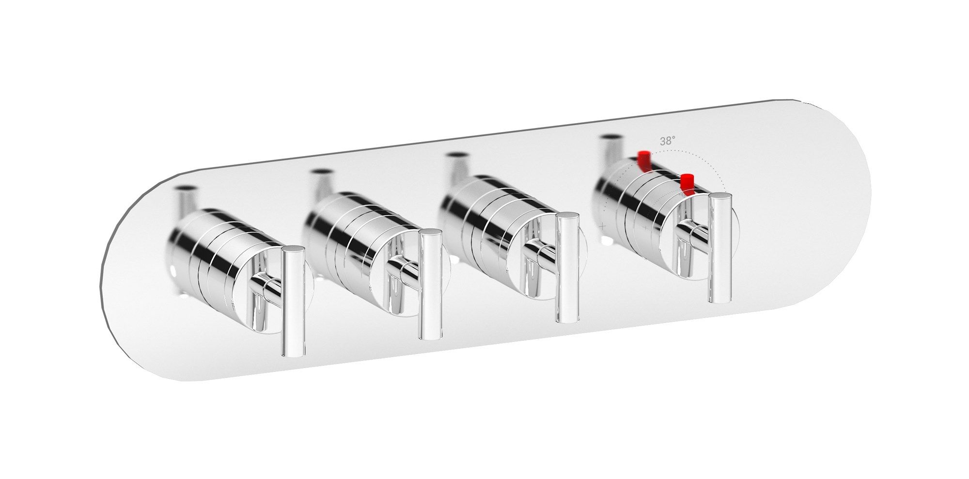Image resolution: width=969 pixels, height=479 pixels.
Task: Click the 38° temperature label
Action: point(667,141)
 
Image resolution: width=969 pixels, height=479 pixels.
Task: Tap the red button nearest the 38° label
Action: point(644,161)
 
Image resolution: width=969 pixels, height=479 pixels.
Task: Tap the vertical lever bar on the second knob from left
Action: point(430,285)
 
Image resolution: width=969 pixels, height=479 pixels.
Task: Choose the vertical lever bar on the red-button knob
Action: point(720,248)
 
